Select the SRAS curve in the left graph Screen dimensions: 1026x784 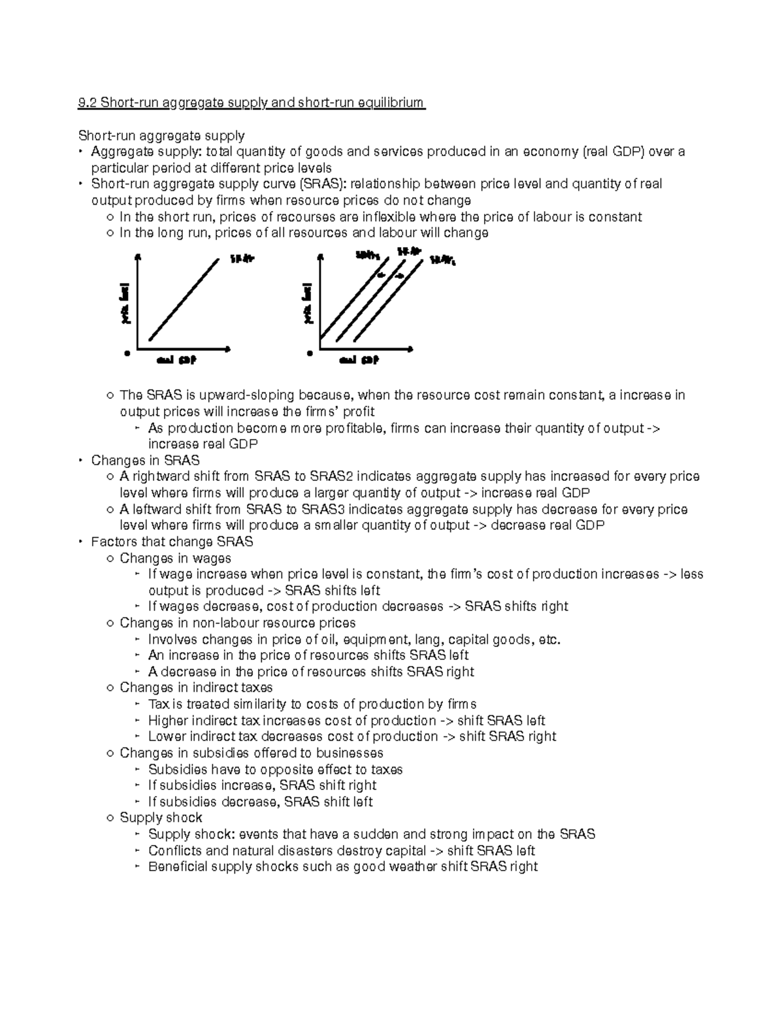[185, 299]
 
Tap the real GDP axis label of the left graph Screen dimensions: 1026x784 [176, 360]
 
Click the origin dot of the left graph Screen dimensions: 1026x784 [127, 353]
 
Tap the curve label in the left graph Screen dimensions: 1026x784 [241, 259]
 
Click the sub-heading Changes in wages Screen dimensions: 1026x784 [175, 558]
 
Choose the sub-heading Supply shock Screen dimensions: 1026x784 [161, 818]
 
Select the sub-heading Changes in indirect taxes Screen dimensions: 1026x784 [196, 687]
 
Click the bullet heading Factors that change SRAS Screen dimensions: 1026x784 [172, 542]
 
